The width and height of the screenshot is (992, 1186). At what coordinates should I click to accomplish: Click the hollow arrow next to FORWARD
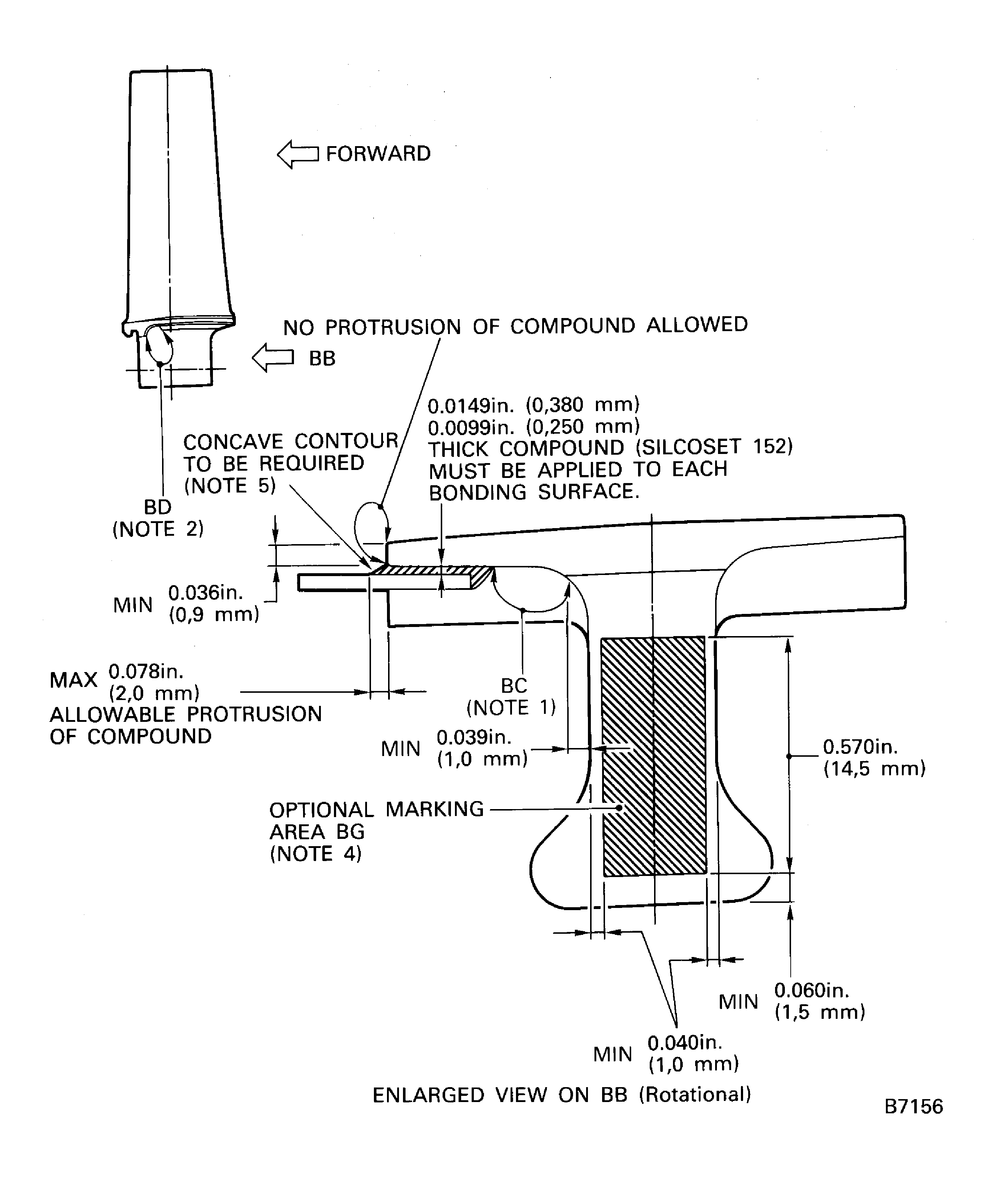click(298, 154)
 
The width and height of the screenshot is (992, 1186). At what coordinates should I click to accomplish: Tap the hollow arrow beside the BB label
click(273, 358)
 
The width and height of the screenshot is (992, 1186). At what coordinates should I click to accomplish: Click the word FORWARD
click(378, 154)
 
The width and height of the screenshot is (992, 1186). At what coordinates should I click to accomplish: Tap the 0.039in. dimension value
click(474, 737)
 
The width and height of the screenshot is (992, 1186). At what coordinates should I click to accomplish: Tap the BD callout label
click(158, 507)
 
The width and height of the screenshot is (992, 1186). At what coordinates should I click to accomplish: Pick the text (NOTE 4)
click(316, 853)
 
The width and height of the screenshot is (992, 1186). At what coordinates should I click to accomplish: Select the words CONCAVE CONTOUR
click(291, 441)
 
